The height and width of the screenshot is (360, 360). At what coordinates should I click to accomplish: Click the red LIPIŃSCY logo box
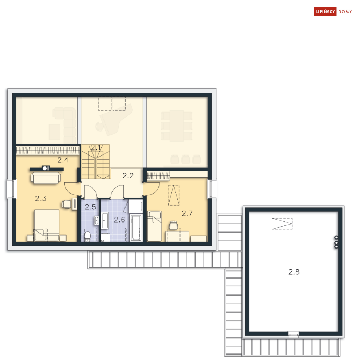[x=325, y=12]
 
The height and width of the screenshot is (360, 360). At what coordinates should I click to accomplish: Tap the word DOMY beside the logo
[x=345, y=12]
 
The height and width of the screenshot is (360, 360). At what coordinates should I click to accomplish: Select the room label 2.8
[x=294, y=272]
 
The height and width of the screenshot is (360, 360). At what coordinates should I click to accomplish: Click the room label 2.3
[x=41, y=198]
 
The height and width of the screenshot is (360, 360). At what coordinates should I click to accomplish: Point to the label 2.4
[x=63, y=160]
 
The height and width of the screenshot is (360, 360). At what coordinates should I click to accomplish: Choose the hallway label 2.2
[x=128, y=175]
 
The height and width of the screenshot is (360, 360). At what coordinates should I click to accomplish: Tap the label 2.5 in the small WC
[x=90, y=207]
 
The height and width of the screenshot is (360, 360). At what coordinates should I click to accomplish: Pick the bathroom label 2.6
[x=119, y=220]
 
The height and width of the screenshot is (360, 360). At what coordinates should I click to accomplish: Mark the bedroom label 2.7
[x=187, y=213]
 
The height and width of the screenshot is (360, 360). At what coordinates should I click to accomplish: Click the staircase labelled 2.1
[x=96, y=162]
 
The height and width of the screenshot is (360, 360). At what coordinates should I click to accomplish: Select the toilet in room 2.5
[x=88, y=237]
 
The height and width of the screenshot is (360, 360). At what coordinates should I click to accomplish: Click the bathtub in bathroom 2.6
[x=136, y=228]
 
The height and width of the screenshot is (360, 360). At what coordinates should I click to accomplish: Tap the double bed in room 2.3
[x=47, y=225]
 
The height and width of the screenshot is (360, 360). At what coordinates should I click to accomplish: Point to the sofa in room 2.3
[x=46, y=178]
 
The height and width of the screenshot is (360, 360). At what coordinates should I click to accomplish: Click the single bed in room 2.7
[x=154, y=226]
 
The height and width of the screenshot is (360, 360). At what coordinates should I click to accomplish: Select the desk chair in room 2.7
[x=173, y=225]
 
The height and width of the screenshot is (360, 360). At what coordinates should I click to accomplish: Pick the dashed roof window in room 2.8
[x=282, y=224]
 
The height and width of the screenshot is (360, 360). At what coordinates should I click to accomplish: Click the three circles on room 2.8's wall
[x=336, y=242]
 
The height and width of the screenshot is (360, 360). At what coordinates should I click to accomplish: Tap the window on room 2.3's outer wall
[x=12, y=189]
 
